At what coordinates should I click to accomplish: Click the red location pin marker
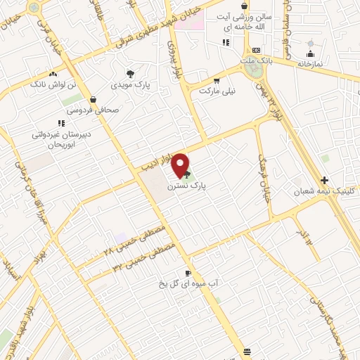[181, 165]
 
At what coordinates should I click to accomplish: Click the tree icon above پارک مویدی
[130, 73]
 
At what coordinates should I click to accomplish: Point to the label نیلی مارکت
[218, 91]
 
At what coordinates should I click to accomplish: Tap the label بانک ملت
[255, 62]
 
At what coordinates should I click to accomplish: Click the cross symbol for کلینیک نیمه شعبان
[324, 180]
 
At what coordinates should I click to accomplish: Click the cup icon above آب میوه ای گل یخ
[188, 273]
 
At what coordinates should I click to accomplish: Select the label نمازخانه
[309, 63]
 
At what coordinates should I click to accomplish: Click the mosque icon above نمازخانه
[310, 53]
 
